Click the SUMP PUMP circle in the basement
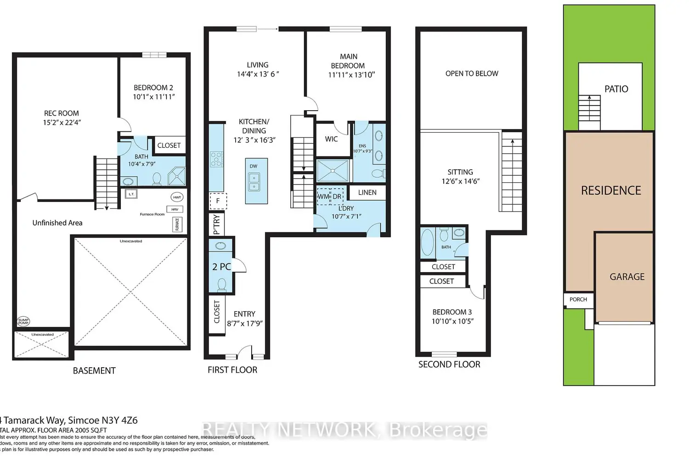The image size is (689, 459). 23,321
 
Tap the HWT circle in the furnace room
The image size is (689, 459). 177,197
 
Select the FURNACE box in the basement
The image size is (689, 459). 177,224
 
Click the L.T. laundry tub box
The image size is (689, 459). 131,194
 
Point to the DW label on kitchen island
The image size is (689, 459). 254,166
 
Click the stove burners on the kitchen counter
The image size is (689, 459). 216,159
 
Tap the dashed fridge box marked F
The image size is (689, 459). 218,201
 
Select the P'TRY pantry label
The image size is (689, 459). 217,224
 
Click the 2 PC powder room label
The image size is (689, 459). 221,267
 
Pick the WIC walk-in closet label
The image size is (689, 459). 331,139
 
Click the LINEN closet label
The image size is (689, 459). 367,192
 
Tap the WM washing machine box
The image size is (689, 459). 323,196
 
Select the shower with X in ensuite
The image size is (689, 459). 333,171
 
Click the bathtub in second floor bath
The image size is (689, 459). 427,242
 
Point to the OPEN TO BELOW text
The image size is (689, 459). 471,73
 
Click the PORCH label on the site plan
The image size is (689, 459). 578,299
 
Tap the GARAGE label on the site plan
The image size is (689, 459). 627,277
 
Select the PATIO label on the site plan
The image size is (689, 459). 616,89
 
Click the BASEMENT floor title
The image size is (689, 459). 94,370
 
